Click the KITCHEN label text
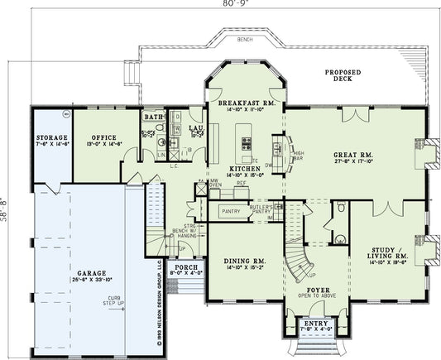pyautogui.click(x=246, y=168)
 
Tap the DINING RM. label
pyautogui.click(x=245, y=262)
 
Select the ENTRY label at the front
pyautogui.click(x=315, y=323)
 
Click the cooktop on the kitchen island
pyautogui.click(x=246, y=146)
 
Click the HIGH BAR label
pyautogui.click(x=298, y=155)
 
